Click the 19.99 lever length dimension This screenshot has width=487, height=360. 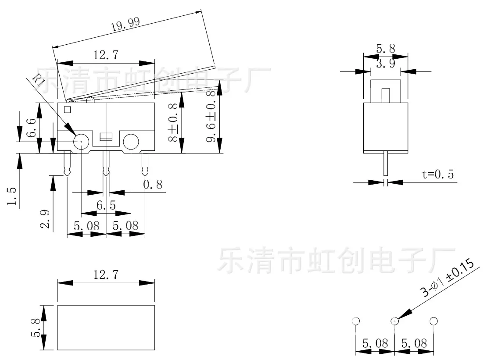[x=125, y=24]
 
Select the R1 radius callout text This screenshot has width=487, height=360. [x=39, y=80]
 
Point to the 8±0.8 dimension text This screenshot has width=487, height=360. [x=173, y=123]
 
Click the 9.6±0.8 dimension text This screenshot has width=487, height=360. [x=211, y=116]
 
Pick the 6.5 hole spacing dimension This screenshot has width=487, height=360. [x=106, y=205]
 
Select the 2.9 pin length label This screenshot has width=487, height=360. [x=45, y=219]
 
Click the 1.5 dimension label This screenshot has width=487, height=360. [x=11, y=196]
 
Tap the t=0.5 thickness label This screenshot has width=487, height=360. [x=438, y=174]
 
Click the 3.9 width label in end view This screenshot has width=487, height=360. [x=386, y=64]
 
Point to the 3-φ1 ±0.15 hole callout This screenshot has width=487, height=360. [x=447, y=278]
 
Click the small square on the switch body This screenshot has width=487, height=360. [x=68, y=110]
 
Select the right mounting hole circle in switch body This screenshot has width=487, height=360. [x=131, y=142]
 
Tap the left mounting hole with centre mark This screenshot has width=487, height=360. [x=81, y=142]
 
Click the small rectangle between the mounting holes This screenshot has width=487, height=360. [x=106, y=136]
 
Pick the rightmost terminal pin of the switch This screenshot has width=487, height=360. [x=145, y=164]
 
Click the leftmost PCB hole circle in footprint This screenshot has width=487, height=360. [x=356, y=321]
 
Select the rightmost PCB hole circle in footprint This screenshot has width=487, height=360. [x=433, y=321]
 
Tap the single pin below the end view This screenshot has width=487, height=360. [x=386, y=164]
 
